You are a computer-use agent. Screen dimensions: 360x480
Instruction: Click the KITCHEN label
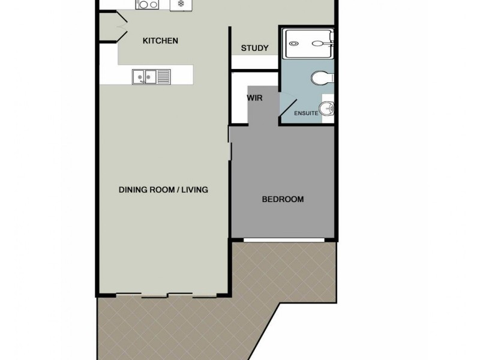point(160,41)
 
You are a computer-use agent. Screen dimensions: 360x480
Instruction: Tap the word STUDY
point(254,48)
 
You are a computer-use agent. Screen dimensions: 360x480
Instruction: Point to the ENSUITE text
point(305,113)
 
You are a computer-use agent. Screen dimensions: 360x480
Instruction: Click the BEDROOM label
point(283,199)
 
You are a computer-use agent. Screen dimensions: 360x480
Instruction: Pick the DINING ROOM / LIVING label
point(163,190)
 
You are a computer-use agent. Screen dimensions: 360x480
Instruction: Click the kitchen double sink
point(144,76)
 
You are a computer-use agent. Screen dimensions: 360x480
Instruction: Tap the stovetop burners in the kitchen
point(147,5)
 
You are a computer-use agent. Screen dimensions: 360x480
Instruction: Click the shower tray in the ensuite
point(307,43)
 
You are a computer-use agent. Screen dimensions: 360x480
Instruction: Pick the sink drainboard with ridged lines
point(164,76)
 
